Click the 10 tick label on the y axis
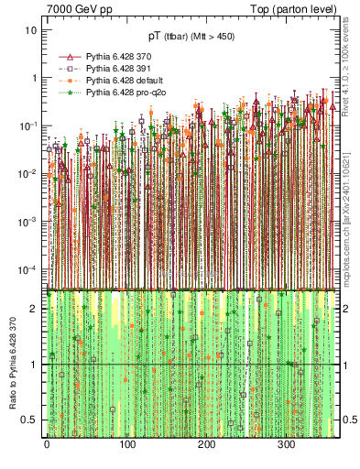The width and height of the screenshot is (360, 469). (30, 30)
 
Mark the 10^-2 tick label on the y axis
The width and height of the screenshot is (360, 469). (28, 174)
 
